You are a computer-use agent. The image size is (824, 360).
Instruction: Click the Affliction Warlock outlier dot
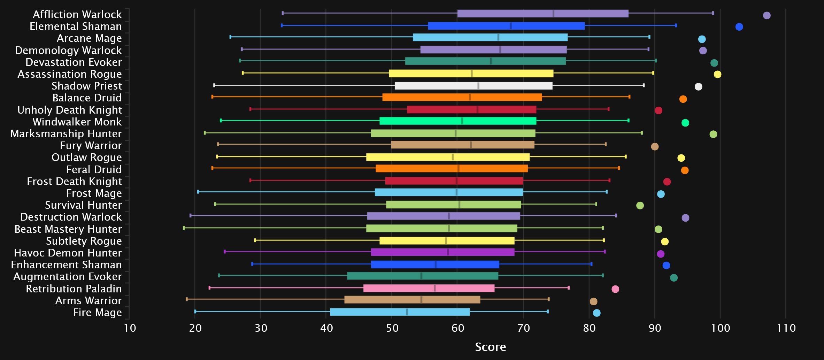click(x=767, y=15)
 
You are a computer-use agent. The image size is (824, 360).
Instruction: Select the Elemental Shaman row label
click(x=76, y=26)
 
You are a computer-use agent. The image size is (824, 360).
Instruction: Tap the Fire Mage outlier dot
click(x=596, y=313)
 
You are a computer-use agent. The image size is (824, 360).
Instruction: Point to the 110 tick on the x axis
click(x=786, y=328)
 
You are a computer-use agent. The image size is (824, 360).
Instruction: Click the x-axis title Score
click(x=490, y=347)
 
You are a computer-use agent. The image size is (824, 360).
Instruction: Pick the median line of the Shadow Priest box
click(x=478, y=86)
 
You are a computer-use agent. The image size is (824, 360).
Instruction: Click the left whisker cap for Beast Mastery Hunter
click(x=184, y=228)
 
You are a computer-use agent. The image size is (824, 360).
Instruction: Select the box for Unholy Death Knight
click(x=471, y=109)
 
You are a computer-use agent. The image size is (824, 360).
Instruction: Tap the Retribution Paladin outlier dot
click(x=615, y=289)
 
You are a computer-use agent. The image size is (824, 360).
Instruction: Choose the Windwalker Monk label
click(x=77, y=122)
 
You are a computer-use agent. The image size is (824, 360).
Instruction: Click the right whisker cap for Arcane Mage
click(x=649, y=37)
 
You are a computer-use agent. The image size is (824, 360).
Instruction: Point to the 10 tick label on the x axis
click(x=130, y=328)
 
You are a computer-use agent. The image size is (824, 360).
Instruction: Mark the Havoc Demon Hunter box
click(x=442, y=252)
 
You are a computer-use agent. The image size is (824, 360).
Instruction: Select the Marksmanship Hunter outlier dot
click(x=713, y=134)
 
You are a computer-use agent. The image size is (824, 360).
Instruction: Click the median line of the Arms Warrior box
click(x=421, y=300)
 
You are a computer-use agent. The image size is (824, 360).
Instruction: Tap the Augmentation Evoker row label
click(x=68, y=277)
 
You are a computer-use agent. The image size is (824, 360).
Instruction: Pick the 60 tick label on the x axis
click(x=458, y=328)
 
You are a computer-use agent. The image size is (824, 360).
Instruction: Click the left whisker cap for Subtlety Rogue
click(x=255, y=240)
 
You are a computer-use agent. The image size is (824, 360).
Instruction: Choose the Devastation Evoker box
click(x=485, y=61)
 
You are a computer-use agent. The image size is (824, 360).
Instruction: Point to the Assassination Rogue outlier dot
click(x=717, y=74)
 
